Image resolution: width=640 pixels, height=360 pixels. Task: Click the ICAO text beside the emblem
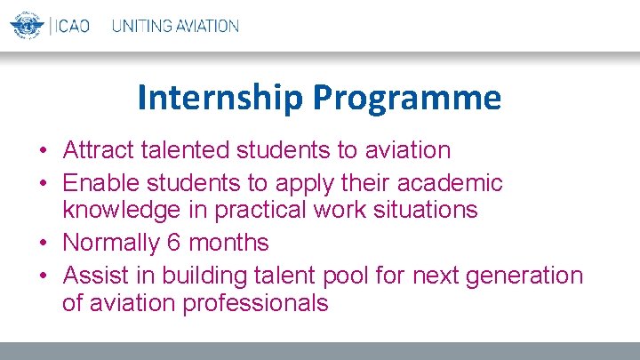(72, 26)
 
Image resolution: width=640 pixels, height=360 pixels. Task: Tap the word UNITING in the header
(144, 26)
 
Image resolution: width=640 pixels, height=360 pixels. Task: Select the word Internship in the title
(220, 98)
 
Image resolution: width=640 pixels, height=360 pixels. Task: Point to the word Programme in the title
(406, 98)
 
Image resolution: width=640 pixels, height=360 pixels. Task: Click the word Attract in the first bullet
(94, 150)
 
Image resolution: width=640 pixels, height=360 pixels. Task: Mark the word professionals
(255, 303)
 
